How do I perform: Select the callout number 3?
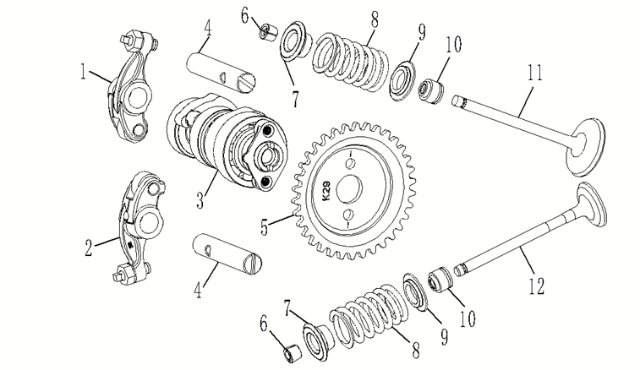200,202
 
